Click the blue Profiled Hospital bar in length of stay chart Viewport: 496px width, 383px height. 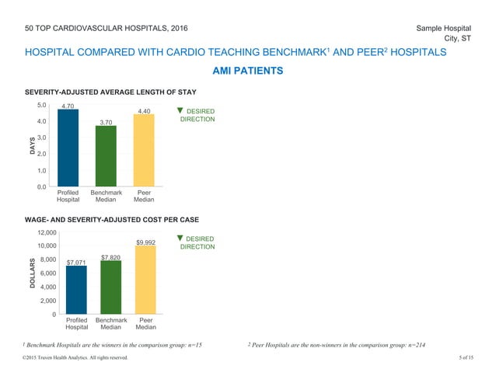tap(68, 148)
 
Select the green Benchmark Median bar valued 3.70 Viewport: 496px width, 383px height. tap(106, 155)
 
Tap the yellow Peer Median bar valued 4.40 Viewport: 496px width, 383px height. tap(144, 151)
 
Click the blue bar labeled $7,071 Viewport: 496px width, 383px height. tap(76, 290)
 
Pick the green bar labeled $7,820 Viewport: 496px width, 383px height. tap(111, 287)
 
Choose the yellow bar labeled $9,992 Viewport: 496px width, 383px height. tap(146, 280)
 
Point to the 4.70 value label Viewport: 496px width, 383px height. tap(68, 105)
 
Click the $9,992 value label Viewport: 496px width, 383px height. tap(146, 243)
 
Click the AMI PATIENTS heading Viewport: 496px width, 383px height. tap(247, 71)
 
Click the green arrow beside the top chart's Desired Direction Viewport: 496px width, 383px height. tap(180, 111)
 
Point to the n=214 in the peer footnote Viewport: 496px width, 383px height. tap(411, 343)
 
